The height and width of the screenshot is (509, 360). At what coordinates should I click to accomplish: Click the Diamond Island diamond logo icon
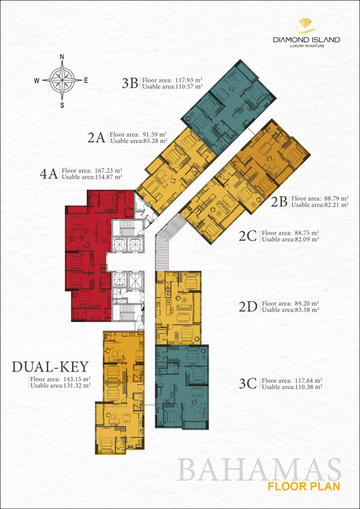pos(307,26)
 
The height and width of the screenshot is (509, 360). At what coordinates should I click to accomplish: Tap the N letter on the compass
pos(62,57)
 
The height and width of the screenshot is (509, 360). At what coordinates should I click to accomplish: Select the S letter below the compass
pos(62,105)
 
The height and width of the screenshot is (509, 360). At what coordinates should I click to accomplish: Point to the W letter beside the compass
pos(37,81)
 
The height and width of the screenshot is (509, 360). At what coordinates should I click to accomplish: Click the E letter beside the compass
pos(86,81)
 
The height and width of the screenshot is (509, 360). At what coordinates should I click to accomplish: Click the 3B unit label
pos(130,83)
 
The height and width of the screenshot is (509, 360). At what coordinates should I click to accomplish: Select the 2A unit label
pos(97,138)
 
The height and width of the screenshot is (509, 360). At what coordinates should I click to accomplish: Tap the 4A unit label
pos(49,174)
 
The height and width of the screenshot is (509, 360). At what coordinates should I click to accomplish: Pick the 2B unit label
pos(279,202)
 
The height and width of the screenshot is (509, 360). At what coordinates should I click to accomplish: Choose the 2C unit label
pos(248,236)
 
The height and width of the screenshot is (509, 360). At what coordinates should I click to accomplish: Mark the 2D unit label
pos(248,307)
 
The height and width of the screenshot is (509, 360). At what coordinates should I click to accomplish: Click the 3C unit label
pos(248,384)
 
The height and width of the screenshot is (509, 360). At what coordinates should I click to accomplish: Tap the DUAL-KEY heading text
pos(50,367)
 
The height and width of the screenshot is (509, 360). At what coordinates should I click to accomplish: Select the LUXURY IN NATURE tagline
pos(307,46)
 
